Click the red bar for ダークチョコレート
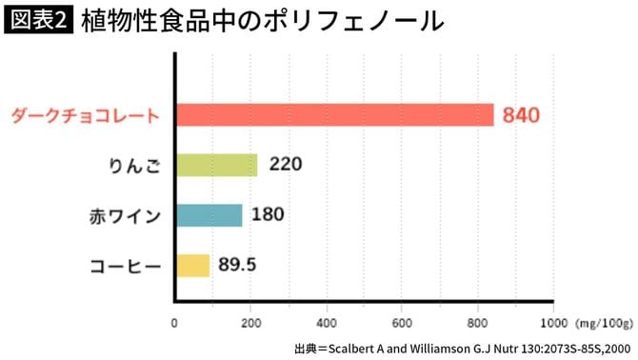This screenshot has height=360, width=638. point(334,115)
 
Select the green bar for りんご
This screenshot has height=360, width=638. point(216,165)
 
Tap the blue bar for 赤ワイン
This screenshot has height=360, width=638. point(209,214)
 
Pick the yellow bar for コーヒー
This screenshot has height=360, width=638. point(191,265)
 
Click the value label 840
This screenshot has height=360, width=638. point(522,116)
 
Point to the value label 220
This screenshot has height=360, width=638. point(286,165)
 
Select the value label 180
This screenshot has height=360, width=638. point(268,214)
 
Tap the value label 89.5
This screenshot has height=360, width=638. point(236,265)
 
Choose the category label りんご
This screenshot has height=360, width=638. point(133,166)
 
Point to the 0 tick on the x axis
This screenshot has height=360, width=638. point(174,322)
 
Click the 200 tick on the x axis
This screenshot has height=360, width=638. point(250,322)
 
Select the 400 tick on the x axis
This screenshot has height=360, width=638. point(327,322)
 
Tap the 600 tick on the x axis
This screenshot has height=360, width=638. point(402,322)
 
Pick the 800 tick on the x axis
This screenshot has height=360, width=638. point(478,322)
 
